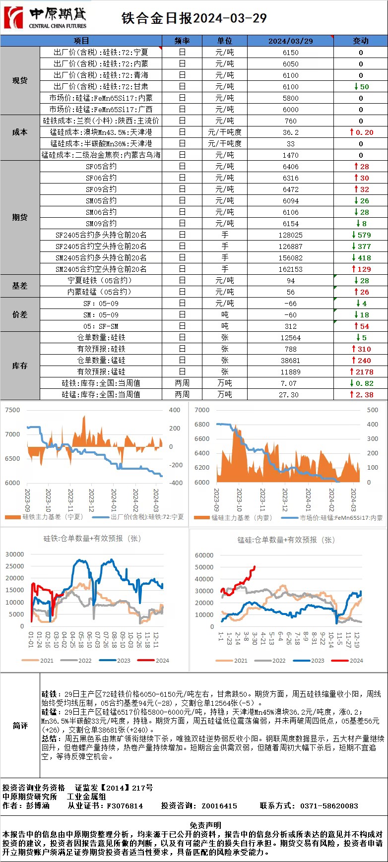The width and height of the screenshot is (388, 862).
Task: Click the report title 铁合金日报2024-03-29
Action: click(194, 18)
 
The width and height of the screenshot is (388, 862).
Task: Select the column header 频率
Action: click(182, 41)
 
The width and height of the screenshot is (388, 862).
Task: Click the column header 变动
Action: click(361, 41)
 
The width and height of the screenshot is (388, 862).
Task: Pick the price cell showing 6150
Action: click(290, 53)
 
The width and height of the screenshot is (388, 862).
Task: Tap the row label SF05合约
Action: click(101, 167)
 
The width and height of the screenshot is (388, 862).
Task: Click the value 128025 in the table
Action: click(290, 235)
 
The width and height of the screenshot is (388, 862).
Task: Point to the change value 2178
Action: click(365, 372)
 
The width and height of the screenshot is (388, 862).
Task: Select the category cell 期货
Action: click(20, 218)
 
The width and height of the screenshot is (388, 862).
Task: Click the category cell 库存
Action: click(20, 366)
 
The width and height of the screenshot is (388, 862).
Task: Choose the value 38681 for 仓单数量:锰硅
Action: click(290, 361)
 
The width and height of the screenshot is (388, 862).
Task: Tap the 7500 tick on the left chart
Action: click(12, 410)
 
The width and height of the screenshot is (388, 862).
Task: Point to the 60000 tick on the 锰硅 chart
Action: click(204, 555)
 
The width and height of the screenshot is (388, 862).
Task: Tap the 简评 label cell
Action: click(20, 726)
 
